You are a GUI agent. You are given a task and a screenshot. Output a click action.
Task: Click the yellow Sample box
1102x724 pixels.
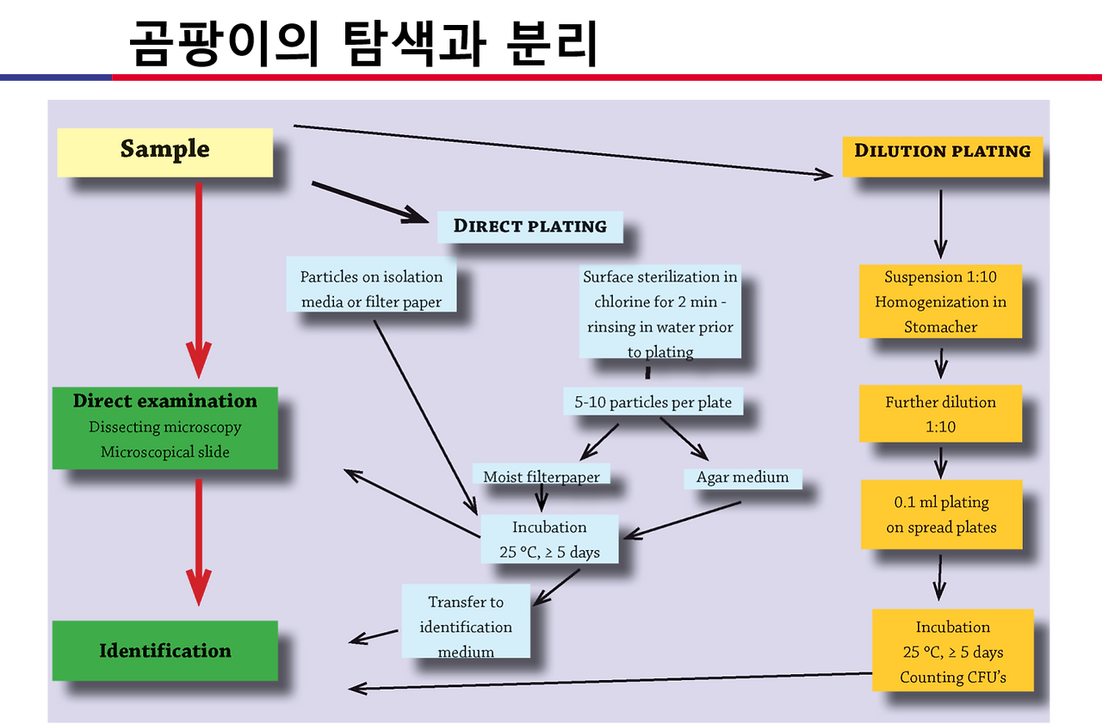[164, 152]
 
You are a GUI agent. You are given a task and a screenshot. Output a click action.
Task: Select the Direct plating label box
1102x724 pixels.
[529, 226]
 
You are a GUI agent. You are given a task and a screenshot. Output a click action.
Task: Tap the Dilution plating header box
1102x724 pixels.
[942, 157]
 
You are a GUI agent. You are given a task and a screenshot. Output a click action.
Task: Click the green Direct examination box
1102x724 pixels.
[164, 428]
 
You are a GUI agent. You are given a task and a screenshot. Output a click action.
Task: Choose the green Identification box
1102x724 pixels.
[164, 651]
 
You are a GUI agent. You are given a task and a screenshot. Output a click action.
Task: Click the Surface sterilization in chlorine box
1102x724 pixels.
[659, 312]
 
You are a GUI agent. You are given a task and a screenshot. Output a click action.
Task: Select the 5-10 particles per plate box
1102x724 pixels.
[653, 401]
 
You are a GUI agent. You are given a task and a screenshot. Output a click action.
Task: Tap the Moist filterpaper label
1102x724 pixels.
[542, 477]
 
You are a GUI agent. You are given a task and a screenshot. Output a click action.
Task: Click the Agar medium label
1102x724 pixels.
[742, 477]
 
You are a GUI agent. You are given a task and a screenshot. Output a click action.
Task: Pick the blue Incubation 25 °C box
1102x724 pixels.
[549, 539]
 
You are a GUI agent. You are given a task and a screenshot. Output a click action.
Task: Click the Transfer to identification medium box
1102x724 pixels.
[466, 622]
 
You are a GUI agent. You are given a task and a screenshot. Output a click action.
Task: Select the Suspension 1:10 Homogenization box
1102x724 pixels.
[940, 301]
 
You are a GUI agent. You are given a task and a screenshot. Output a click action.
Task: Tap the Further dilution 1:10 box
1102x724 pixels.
[940, 413]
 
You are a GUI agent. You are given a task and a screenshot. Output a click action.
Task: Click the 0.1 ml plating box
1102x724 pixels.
[941, 515]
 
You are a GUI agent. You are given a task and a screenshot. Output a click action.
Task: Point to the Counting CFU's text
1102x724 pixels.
[952, 678]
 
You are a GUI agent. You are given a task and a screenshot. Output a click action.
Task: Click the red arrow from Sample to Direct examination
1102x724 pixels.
[199, 281]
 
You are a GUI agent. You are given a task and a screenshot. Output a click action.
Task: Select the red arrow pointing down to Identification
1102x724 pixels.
[199, 542]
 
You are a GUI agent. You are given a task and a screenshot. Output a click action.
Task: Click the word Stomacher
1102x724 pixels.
[940, 327]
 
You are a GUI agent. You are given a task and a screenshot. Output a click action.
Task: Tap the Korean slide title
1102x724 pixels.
[363, 43]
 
